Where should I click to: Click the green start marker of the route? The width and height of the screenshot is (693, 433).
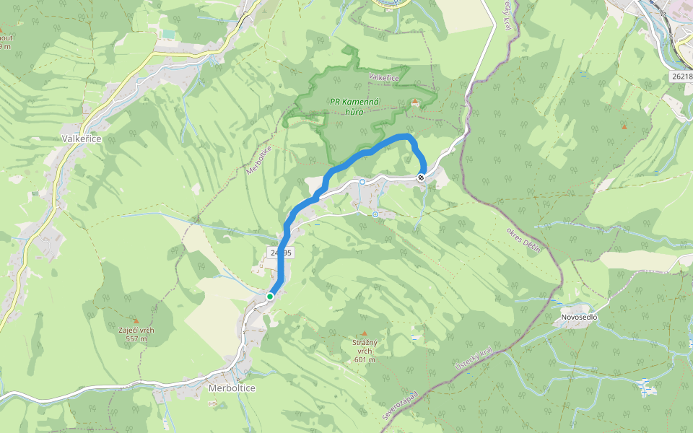tap(270, 296)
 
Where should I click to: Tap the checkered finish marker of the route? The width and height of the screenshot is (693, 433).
tap(421, 177)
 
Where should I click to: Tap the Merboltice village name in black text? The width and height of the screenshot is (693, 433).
tap(231, 388)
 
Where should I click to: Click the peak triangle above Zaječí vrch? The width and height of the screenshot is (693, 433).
tap(135, 320)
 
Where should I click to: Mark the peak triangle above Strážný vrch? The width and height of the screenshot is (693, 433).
tap(365, 333)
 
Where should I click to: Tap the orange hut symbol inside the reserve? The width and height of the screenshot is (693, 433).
tap(414, 102)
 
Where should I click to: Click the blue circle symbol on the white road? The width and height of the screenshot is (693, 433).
tap(362, 182)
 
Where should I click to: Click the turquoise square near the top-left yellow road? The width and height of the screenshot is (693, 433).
tap(168, 34)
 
